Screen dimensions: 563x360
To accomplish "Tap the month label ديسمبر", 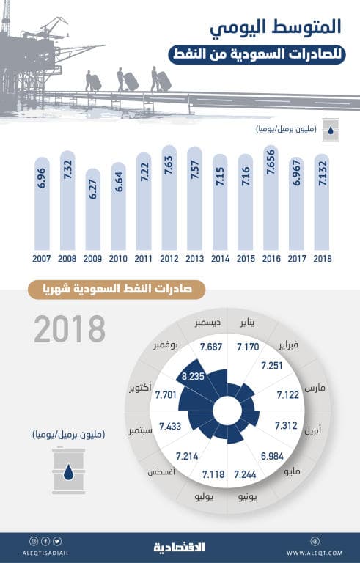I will pyautogui.click(x=196, y=323).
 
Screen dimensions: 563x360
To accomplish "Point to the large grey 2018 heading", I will pyautogui.click(x=70, y=330).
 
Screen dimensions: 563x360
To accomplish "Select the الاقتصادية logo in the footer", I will pyautogui.click(x=180, y=548).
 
